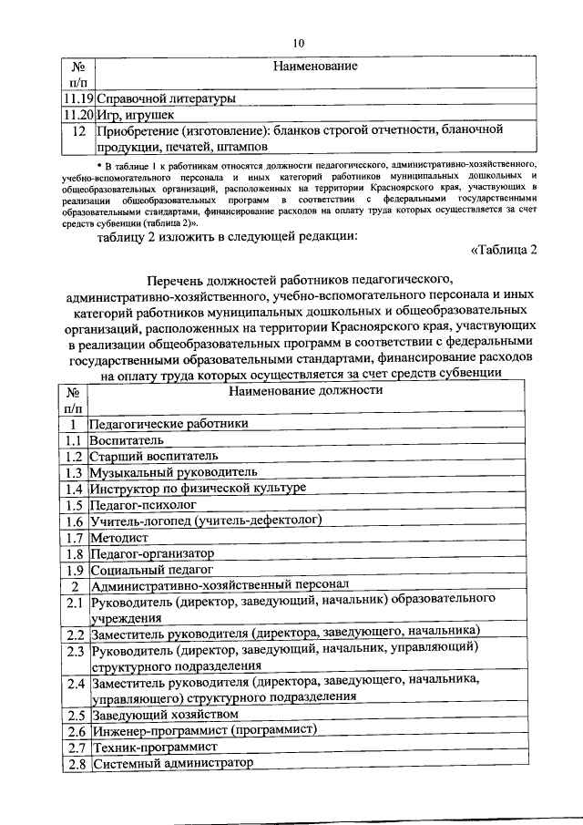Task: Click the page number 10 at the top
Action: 298,42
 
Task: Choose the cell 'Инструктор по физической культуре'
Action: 197,489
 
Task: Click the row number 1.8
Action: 75,553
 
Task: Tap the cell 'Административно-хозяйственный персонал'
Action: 220,585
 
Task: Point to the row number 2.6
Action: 75,731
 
